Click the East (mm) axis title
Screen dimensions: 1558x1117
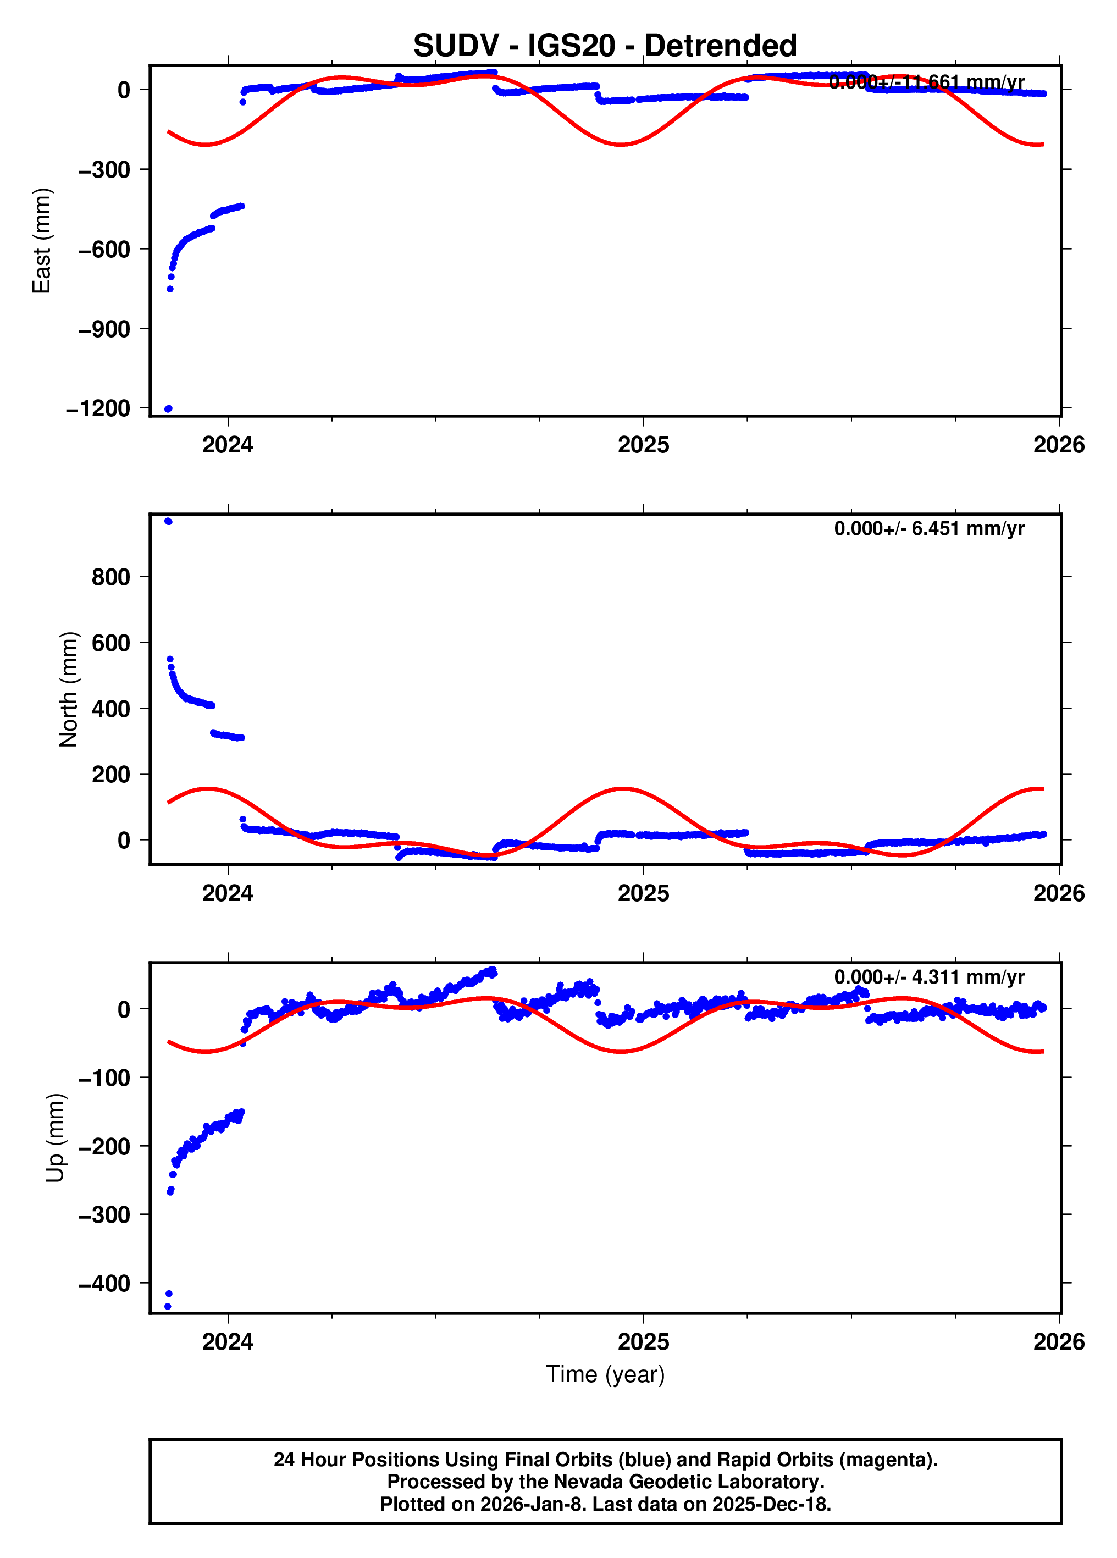pyautogui.click(x=42, y=240)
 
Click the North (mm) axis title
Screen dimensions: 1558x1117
pyautogui.click(x=69, y=689)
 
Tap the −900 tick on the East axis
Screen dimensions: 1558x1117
pyautogui.click(x=104, y=329)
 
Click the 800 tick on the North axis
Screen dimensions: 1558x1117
pyautogui.click(x=110, y=577)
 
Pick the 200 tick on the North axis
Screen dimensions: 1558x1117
pyautogui.click(x=110, y=774)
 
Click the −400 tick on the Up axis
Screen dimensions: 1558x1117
pyautogui.click(x=104, y=1283)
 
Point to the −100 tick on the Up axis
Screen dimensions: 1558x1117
pyautogui.click(x=104, y=1078)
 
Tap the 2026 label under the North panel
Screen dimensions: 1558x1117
pyautogui.click(x=1059, y=893)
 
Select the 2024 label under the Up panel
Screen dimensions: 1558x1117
pyautogui.click(x=228, y=1341)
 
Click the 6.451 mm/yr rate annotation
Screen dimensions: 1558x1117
pyautogui.click(x=929, y=528)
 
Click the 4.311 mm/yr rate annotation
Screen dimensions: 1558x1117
pyautogui.click(x=929, y=977)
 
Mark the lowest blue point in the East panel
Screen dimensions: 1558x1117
pyautogui.click(x=168, y=408)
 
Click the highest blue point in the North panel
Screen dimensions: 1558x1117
pyautogui.click(x=168, y=521)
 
